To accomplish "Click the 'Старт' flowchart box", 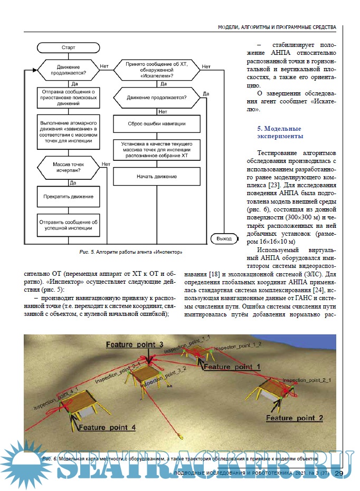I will (x=68, y=47).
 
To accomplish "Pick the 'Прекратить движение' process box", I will (x=68, y=197).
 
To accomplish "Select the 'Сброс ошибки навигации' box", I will (x=156, y=124).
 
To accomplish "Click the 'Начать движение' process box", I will (x=156, y=176).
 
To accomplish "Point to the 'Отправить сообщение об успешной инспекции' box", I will (x=68, y=226).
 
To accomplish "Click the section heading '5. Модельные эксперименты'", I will (x=280, y=132).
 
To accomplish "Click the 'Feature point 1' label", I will (x=232, y=365).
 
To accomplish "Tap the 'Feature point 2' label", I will (x=294, y=418).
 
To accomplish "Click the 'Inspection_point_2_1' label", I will (x=307, y=380).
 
